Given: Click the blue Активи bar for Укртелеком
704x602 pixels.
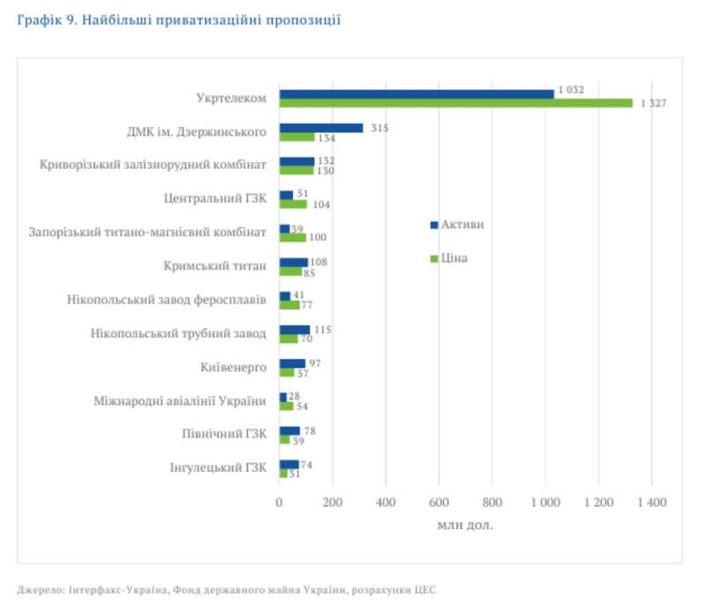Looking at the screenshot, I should point(416,93).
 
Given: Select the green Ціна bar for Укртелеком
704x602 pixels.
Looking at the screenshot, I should point(456,103).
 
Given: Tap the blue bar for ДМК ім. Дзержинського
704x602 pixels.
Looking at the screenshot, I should point(321,128).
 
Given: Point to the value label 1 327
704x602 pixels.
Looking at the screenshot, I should point(654,103).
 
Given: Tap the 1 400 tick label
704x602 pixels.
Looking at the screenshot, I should point(651,503).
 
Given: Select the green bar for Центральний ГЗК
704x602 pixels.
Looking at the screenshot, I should point(293,204).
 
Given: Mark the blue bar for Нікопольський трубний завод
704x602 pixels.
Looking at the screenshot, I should point(294,329).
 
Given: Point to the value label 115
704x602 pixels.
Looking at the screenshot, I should point(323,329).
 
